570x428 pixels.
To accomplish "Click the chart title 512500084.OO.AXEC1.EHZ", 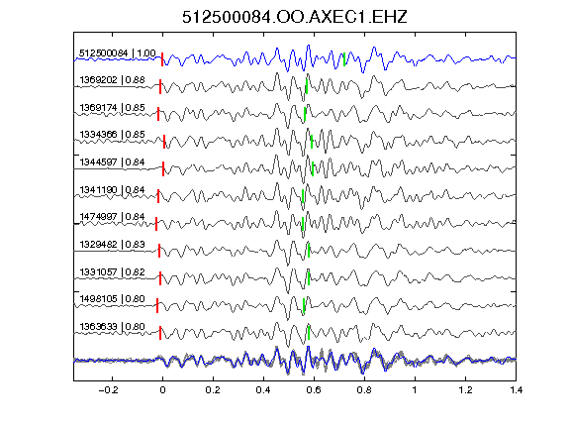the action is (295, 17).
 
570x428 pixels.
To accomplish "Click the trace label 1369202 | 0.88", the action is (113, 80).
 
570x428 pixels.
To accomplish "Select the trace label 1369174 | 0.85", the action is (113, 108).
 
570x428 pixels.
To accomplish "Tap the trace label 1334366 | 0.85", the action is (113, 135).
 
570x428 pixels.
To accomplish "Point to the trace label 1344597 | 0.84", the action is (113, 162).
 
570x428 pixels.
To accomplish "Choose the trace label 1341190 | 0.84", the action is (113, 190).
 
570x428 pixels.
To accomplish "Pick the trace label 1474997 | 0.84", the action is (113, 217).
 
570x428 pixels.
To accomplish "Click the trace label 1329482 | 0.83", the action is (113, 244).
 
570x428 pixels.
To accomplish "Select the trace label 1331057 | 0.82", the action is (113, 272).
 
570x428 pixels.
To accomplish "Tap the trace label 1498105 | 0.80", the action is (113, 299).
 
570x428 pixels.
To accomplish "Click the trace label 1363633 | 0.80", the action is (113, 327).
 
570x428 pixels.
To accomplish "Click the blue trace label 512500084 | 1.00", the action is (118, 53).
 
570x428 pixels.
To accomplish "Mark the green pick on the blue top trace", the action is (344, 59).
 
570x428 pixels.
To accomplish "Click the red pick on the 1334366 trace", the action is (164, 142).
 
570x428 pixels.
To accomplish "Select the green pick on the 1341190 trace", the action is (303, 196).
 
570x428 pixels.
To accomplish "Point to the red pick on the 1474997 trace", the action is (156, 224).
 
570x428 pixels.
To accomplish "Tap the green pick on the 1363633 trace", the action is (309, 333).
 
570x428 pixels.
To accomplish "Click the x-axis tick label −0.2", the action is (108, 390).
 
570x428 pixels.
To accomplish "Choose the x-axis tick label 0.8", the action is (364, 390).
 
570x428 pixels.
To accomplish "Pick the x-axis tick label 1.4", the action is (516, 390).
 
